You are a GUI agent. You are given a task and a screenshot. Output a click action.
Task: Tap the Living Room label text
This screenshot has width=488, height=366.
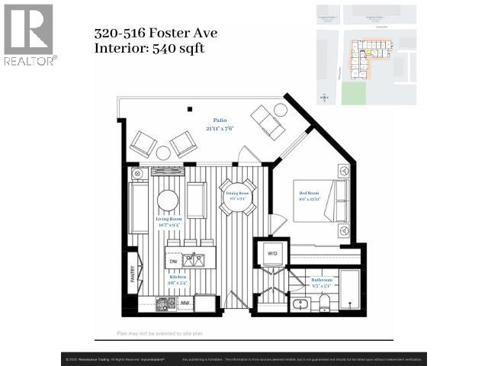pyautogui.click(x=168, y=221)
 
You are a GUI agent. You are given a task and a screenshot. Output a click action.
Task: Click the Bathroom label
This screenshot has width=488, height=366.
pyautogui.click(x=321, y=281)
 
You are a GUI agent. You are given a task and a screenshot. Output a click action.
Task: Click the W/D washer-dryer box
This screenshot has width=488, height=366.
pyautogui.click(x=272, y=252)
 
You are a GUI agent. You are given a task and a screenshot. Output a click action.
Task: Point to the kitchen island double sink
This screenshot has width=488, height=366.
pyautogui.click(x=194, y=261)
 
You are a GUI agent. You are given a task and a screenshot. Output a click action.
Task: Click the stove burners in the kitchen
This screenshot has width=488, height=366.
pyautogui.click(x=164, y=304)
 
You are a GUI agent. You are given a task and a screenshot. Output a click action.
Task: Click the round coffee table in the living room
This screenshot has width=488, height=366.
pyautogui.click(x=168, y=201)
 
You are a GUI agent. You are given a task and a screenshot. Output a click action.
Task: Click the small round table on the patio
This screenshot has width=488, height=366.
pyautogui.click(x=162, y=152)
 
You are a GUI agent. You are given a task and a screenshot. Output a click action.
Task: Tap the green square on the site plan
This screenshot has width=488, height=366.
pyautogui.click(x=353, y=93)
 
